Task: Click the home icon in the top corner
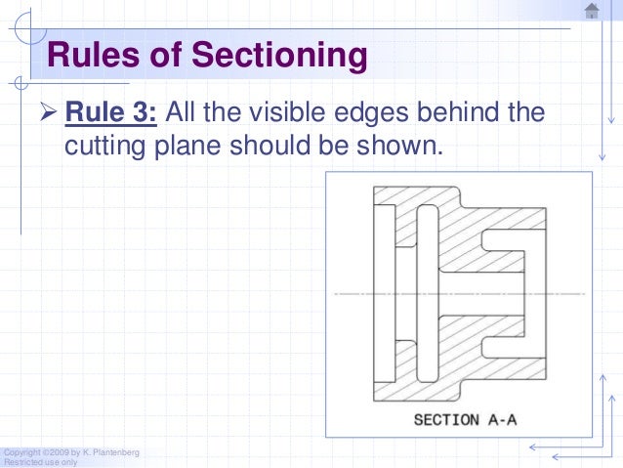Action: (x=591, y=11)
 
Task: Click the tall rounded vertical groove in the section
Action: (x=428, y=292)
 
